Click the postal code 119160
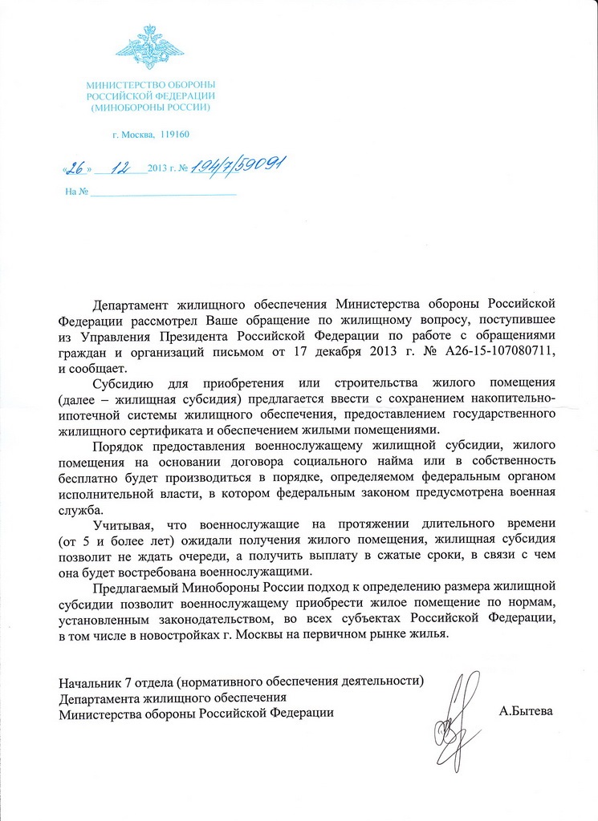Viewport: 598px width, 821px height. (x=175, y=135)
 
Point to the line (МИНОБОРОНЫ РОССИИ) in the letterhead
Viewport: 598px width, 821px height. (x=150, y=107)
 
